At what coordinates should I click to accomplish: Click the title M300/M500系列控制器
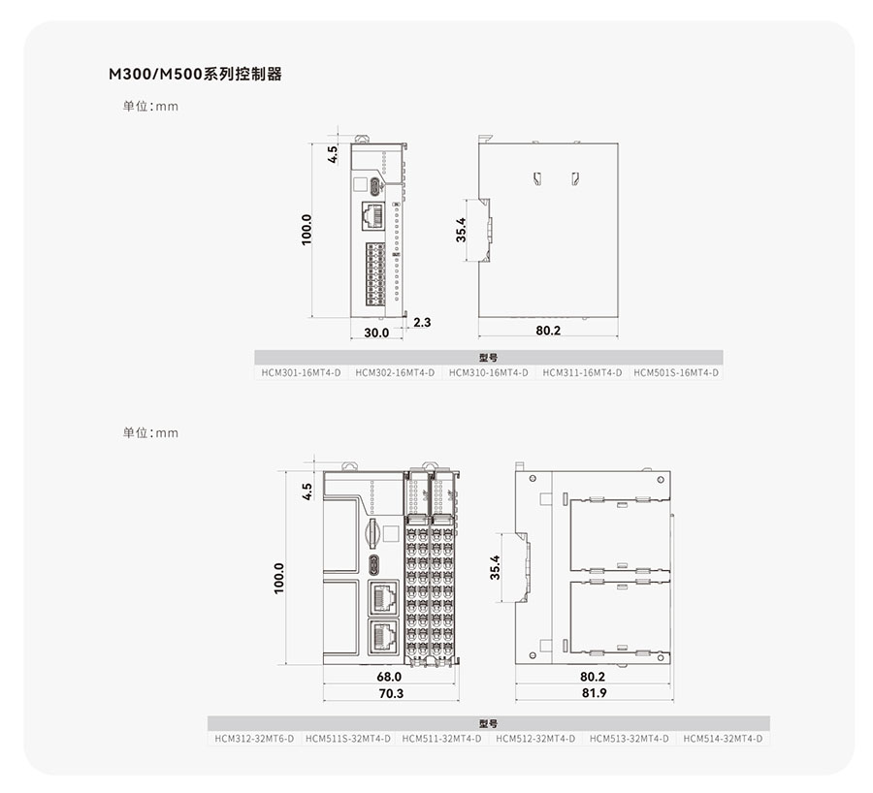point(195,74)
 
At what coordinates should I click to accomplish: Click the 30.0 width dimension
point(376,333)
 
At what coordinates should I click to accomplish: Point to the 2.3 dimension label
point(422,322)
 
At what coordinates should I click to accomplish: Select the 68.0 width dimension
point(389,677)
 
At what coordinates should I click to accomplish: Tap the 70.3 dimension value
point(391,693)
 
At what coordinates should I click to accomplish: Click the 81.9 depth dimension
point(594,693)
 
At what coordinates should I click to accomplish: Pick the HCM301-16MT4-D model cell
point(302,372)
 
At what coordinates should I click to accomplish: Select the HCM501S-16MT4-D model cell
point(676,372)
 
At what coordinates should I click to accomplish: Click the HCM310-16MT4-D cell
point(489,372)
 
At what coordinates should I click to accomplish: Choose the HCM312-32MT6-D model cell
point(254,739)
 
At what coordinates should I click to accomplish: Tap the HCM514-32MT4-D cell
point(723,739)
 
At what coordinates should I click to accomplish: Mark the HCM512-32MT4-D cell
point(535,739)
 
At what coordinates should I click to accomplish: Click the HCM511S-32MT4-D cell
point(348,739)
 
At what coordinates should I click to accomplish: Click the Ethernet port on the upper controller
point(373,215)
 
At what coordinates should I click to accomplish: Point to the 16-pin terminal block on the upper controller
point(375,273)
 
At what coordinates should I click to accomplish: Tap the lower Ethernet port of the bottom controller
point(383,636)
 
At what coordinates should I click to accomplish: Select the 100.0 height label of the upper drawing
point(307,230)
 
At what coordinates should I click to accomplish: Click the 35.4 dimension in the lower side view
point(495,568)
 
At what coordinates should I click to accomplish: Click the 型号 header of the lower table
point(488,723)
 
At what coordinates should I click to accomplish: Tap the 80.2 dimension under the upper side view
point(548,331)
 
